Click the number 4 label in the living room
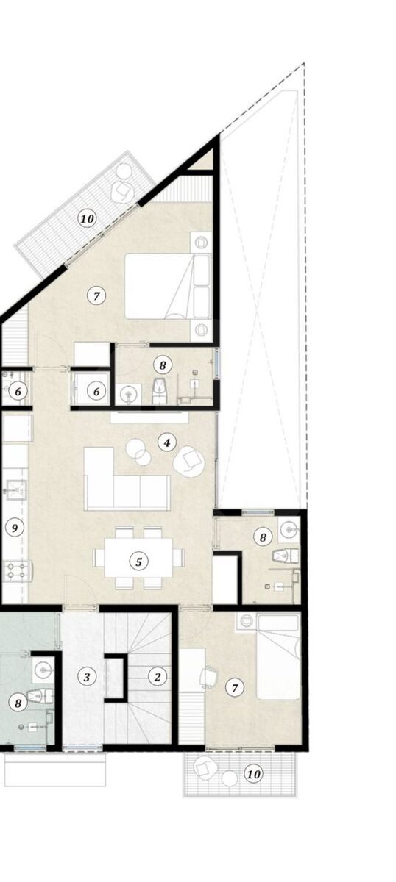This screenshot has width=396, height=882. coord(167,442)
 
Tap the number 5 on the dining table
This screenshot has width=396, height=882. coord(138,562)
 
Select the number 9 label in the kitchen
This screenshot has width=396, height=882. coord(15,528)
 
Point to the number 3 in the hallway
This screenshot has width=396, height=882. coord(86,677)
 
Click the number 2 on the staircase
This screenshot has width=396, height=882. coord(158,677)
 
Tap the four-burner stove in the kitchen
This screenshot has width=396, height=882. coord(17,572)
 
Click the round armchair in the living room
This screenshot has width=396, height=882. coord(189,462)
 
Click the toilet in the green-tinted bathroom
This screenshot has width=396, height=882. coord(40,697)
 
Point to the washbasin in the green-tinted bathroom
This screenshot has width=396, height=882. coord(43,670)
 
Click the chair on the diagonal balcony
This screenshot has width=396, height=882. coord(123,192)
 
